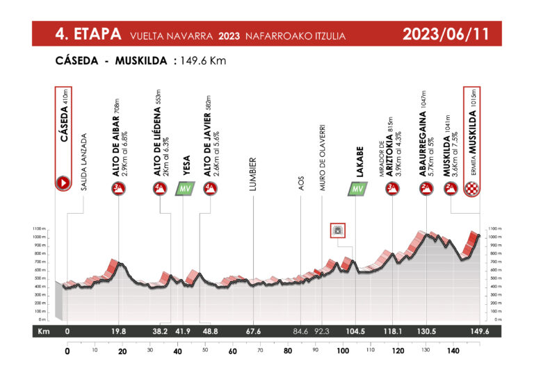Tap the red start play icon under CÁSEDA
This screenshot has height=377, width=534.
63,184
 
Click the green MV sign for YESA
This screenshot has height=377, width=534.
184,189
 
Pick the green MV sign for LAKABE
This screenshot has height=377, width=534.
357,189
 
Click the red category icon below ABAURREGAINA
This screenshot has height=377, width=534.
423,188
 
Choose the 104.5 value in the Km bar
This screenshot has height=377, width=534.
357,331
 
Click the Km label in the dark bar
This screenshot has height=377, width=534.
42,331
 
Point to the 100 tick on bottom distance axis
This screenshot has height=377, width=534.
342,351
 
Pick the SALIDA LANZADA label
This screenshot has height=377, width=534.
83,162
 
